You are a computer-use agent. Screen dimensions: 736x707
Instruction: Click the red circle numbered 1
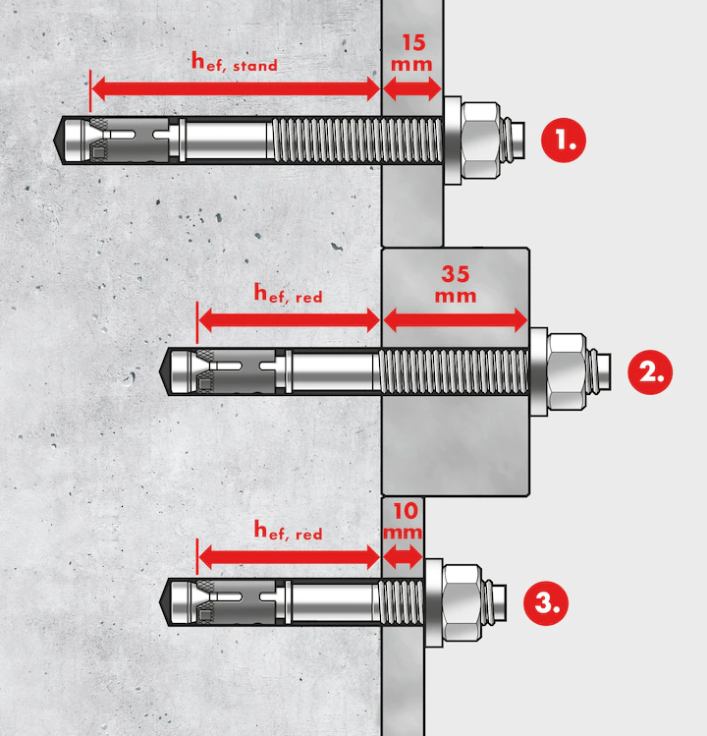(x=564, y=141)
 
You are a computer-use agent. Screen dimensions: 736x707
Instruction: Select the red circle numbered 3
(x=545, y=601)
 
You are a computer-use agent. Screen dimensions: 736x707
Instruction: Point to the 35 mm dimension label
(x=455, y=284)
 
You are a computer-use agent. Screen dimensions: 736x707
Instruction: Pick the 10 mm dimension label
(x=403, y=521)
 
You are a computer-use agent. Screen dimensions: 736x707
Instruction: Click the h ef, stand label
(x=233, y=65)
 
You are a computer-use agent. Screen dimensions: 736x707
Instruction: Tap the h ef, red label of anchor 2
(x=287, y=292)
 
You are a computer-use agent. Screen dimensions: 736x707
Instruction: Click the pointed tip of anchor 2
(x=166, y=370)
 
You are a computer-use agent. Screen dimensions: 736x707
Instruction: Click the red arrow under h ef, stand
(x=235, y=89)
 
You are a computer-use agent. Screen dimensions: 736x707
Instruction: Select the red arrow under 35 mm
(x=455, y=318)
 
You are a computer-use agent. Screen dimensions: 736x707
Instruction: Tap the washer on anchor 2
(x=539, y=372)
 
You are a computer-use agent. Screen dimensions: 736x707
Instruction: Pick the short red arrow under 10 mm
(x=403, y=557)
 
